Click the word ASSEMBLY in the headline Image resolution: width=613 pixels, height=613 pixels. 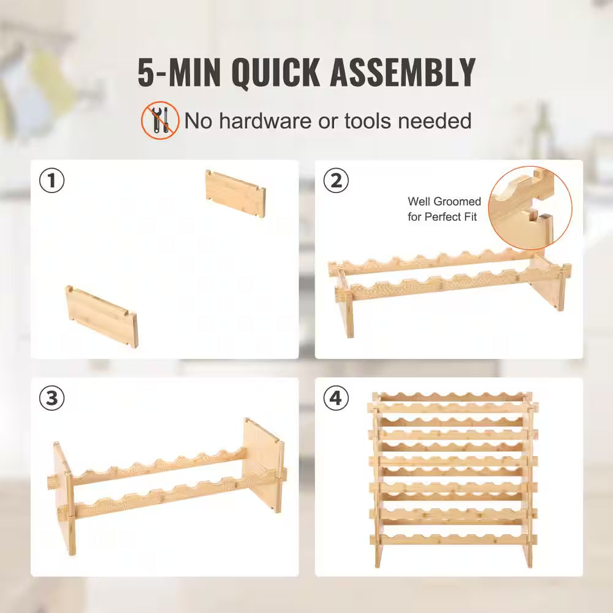[403, 73]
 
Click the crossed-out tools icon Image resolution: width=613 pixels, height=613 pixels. [161, 121]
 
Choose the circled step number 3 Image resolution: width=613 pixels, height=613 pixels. [52, 398]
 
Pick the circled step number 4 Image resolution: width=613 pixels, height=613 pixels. [336, 398]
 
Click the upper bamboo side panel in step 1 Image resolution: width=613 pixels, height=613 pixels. [236, 194]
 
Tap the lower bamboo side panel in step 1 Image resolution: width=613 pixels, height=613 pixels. [102, 316]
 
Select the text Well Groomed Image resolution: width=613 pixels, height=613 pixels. [444, 202]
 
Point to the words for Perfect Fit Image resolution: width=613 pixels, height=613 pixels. [442, 217]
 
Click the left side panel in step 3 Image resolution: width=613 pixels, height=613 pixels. [63, 497]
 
